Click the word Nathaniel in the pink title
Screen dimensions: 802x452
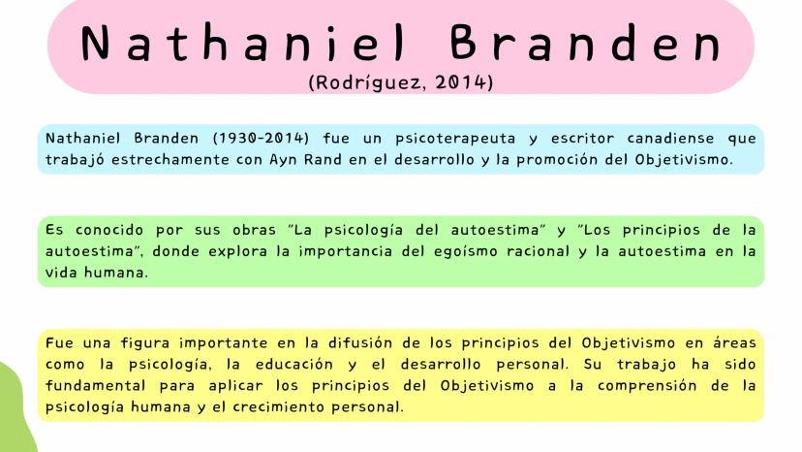[x=243, y=44]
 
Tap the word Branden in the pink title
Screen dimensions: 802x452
[x=586, y=44]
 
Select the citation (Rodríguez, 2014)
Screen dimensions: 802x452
[x=401, y=82]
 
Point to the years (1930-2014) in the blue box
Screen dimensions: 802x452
[x=261, y=139]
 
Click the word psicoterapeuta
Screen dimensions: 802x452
[x=455, y=139]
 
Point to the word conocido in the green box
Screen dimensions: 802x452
[x=108, y=230]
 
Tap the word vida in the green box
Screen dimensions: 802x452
[x=61, y=273]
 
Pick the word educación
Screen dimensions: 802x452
[x=294, y=365]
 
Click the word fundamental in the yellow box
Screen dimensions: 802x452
[x=96, y=385]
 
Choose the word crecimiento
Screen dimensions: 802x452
[x=278, y=407]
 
